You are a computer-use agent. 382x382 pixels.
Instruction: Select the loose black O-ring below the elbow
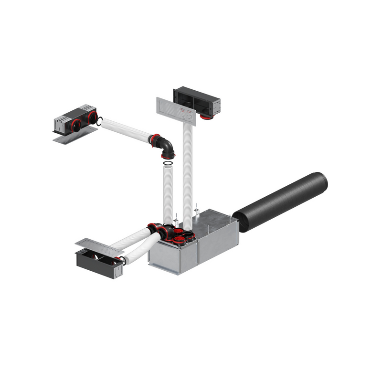169,164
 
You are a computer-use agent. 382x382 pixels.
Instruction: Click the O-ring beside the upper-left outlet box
99,123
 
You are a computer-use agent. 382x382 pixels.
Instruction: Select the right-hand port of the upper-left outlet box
92,117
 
